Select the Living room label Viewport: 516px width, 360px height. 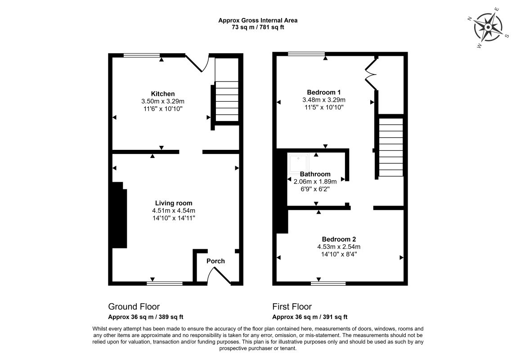click(174, 203)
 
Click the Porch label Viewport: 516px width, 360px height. click(215, 261)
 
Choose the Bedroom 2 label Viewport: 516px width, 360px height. click(339, 239)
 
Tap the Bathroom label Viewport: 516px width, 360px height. click(315, 174)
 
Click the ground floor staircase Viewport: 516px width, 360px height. click(227, 101)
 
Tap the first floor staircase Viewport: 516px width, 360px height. click(390, 147)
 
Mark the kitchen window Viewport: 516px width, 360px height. click(142, 55)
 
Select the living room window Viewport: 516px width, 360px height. click(165, 283)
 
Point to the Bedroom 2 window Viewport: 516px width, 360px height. click(328, 283)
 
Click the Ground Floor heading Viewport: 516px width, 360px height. click(134, 307)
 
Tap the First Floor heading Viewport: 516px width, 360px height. click(292, 307)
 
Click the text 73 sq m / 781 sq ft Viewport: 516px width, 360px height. click(258, 27)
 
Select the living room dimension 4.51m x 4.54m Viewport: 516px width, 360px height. click(174, 211)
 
